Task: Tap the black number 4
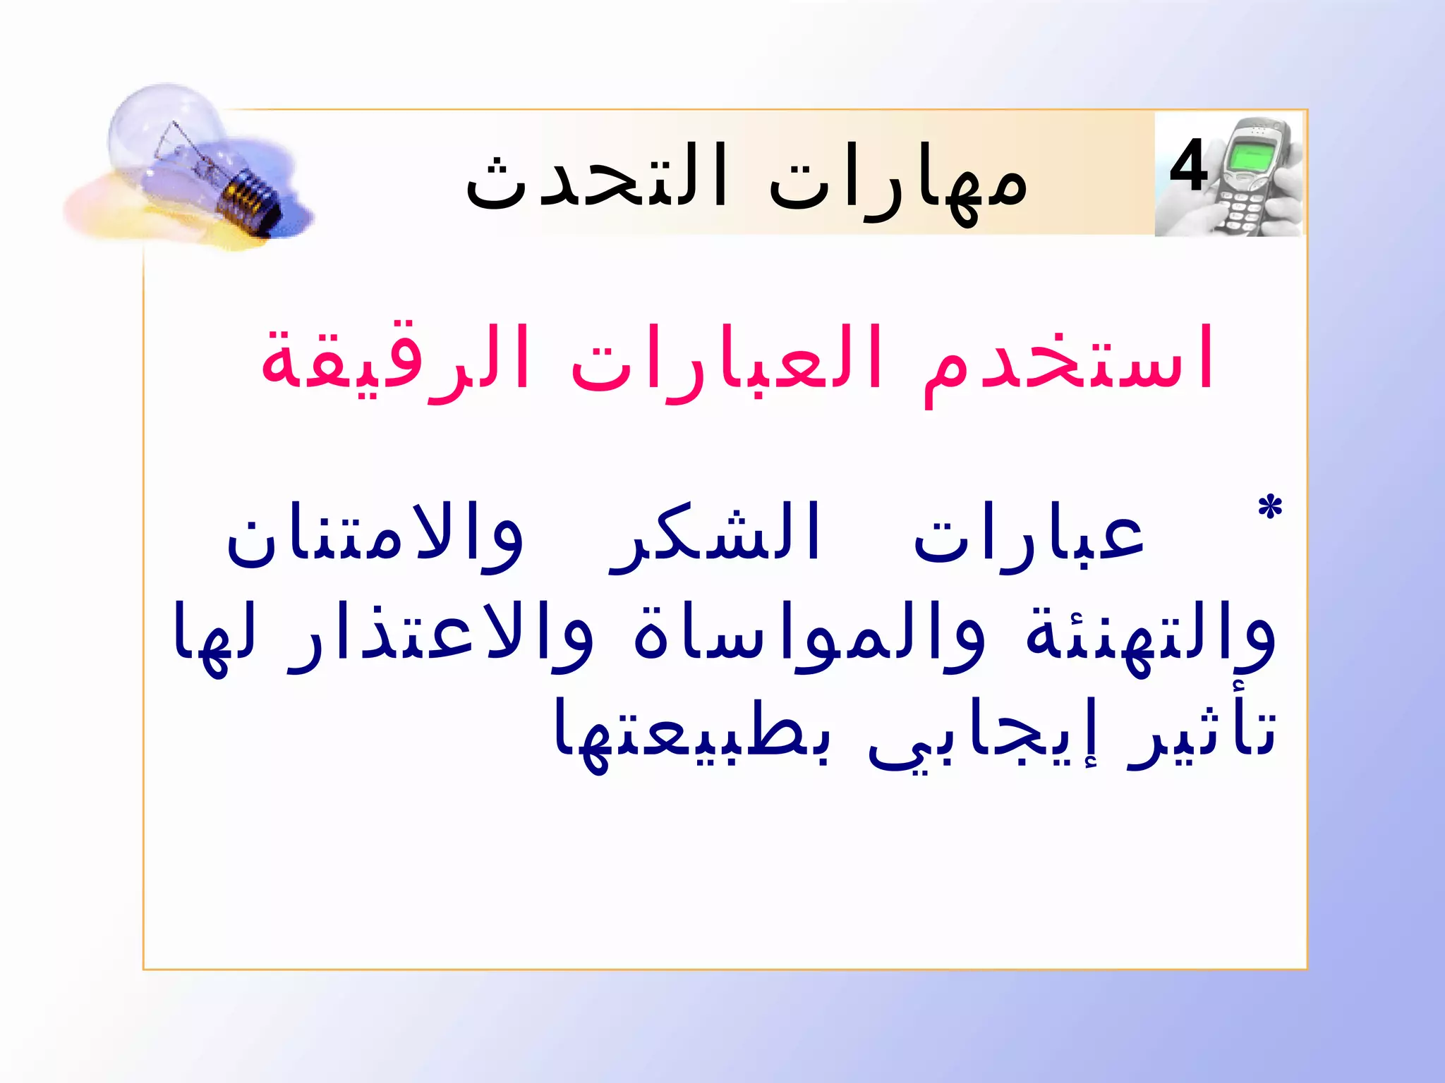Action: tap(1188, 166)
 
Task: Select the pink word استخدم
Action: tap(1068, 360)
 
